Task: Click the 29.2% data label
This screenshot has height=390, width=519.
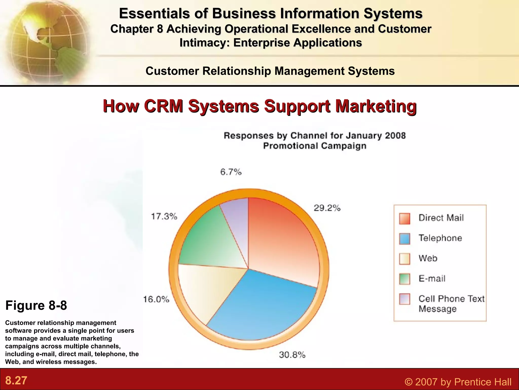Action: pyautogui.click(x=327, y=208)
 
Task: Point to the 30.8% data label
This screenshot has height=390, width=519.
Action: pyautogui.click(x=292, y=355)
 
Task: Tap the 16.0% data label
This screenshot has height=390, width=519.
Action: pyautogui.click(x=156, y=299)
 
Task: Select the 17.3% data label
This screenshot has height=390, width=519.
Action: pyautogui.click(x=164, y=217)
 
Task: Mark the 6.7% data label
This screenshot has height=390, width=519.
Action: pyautogui.click(x=231, y=172)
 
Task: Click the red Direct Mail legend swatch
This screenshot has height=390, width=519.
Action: pyautogui.click(x=404, y=219)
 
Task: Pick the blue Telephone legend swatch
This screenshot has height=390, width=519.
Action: pyautogui.click(x=404, y=239)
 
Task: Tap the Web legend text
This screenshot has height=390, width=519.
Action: pyautogui.click(x=428, y=258)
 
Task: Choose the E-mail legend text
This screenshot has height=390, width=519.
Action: pyautogui.click(x=432, y=279)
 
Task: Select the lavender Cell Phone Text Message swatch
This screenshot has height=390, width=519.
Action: pyautogui.click(x=404, y=299)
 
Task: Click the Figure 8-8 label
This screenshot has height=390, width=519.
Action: pyautogui.click(x=36, y=305)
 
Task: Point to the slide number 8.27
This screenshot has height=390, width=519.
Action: pyautogui.click(x=16, y=381)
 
